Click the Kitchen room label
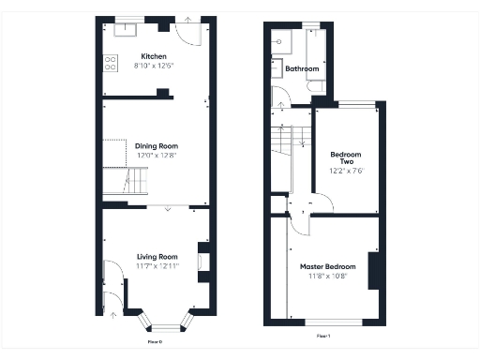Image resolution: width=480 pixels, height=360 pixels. click(154, 56)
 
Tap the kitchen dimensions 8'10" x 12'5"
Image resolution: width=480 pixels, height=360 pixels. click(154, 66)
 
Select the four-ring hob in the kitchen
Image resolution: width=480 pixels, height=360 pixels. click(110, 64)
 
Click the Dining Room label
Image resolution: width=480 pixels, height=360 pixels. click(157, 146)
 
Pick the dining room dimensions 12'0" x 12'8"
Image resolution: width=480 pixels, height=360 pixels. click(157, 156)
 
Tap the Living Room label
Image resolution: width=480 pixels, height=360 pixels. click(157, 257)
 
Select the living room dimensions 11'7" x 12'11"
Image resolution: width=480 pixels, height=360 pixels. click(157, 266)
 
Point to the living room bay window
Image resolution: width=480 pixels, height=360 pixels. click(165, 324)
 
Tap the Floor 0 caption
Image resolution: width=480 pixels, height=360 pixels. click(156, 341)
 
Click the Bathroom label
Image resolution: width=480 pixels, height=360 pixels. click(302, 69)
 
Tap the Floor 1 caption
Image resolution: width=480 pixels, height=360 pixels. click(322, 335)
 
